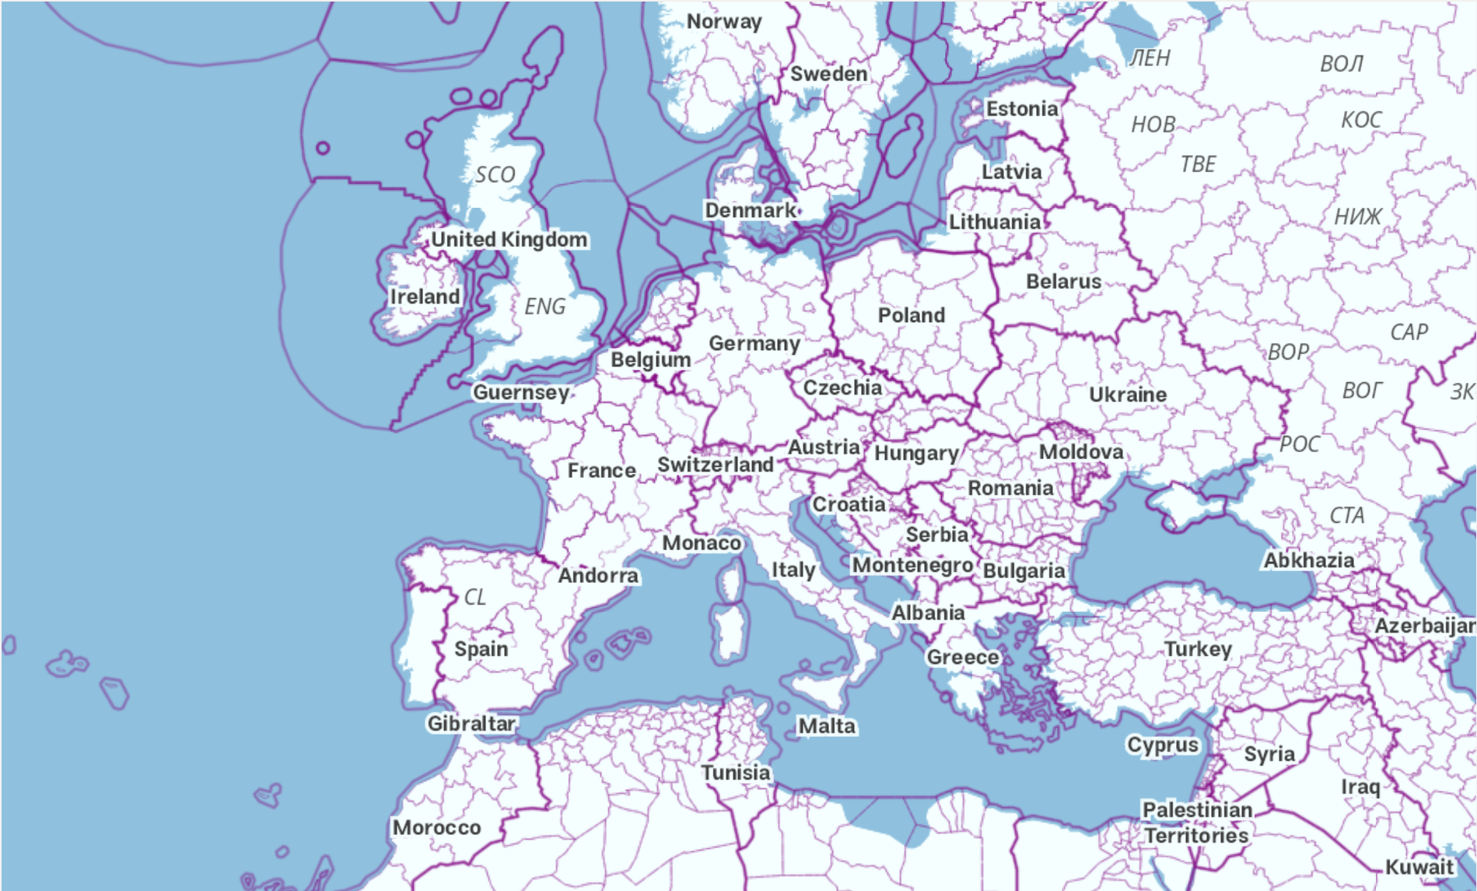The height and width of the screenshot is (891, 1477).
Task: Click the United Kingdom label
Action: point(509,240)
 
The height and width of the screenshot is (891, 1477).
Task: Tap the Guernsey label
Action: point(521,392)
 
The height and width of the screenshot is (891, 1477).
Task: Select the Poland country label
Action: point(912,315)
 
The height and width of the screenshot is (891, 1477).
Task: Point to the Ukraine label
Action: point(1127,395)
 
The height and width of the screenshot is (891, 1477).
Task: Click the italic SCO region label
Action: point(495,174)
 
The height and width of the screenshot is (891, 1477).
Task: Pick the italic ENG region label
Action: point(544,307)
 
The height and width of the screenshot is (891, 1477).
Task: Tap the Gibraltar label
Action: point(471,724)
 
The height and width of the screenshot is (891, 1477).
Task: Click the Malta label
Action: point(827,726)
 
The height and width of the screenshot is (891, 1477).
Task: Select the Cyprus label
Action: point(1163,745)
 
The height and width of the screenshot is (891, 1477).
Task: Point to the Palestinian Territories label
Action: point(1197,823)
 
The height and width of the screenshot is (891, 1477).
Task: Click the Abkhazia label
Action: point(1308,560)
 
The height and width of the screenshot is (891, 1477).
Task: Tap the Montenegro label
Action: point(912,565)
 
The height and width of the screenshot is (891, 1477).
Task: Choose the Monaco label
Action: point(702,543)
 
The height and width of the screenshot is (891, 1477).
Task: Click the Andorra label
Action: point(598,576)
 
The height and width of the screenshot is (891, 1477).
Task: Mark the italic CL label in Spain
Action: point(474,597)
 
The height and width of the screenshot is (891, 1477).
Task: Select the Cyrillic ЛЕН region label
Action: point(1150,58)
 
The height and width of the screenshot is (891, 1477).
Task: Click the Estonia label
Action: point(1022,109)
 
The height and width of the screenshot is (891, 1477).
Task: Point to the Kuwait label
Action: point(1419,867)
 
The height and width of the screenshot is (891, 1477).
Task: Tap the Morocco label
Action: point(436,827)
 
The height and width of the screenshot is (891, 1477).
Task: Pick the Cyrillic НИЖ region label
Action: point(1358,216)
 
